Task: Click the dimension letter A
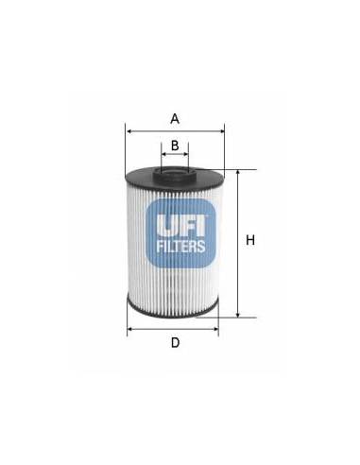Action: pyautogui.click(x=175, y=119)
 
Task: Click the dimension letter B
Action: pyautogui.click(x=175, y=146)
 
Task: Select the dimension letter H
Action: pyautogui.click(x=250, y=240)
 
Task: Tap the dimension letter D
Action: pyautogui.click(x=175, y=342)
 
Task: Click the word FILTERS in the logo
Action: pyautogui.click(x=180, y=246)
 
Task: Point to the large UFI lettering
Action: pyautogui.click(x=181, y=225)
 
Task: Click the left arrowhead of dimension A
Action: pyautogui.click(x=128, y=131)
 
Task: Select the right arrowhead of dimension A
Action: pyautogui.click(x=222, y=131)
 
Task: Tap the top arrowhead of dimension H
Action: pyautogui.click(x=238, y=172)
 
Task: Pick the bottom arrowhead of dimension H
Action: pyautogui.click(x=238, y=315)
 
